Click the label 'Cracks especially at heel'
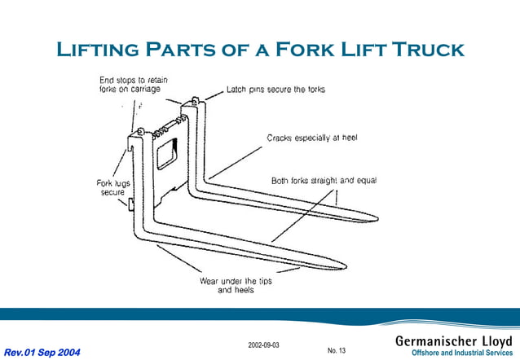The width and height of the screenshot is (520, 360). click(x=312, y=138)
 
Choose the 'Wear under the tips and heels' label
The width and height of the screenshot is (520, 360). click(x=236, y=285)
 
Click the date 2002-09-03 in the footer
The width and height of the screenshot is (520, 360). click(x=263, y=345)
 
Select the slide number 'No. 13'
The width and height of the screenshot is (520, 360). click(x=337, y=351)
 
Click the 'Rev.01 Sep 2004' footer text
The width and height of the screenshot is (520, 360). click(x=42, y=352)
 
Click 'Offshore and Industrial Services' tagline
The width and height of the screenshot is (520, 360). click(x=462, y=353)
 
